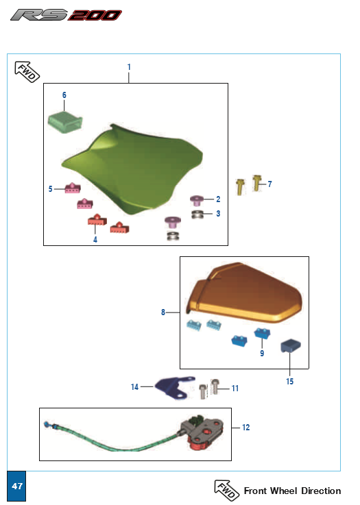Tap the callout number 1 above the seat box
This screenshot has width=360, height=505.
pos(129,66)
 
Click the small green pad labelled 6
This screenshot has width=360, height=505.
pos(64,123)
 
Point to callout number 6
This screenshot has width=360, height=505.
pos(64,94)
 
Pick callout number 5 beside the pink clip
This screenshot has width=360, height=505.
pos(50,188)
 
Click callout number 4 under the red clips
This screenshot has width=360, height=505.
pos(95,240)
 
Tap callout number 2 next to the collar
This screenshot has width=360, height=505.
pos(217,199)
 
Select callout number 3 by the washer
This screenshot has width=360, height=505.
pos(217,214)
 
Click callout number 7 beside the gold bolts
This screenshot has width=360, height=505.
pos(270,184)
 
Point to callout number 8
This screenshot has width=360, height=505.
pos(163,312)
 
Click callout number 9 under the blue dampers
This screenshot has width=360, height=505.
pos(261,354)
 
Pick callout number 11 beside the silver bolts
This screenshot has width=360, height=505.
pos(235,389)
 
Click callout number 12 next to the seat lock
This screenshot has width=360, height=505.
pos(245,428)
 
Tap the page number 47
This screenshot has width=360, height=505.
pos(17,486)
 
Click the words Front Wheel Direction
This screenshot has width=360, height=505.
pos(292,491)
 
